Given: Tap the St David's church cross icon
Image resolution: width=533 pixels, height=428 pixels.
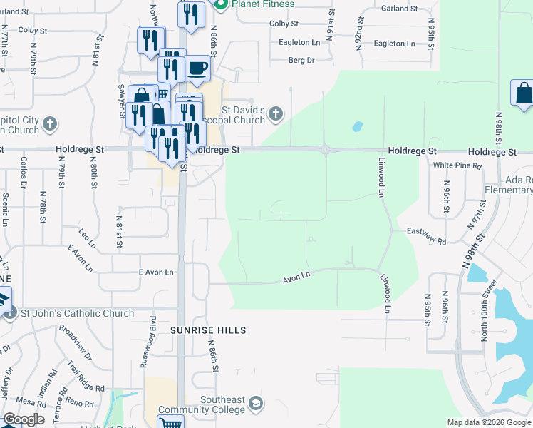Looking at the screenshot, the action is [x=276, y=113].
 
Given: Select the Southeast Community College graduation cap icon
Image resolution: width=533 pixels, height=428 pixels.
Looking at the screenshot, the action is [x=254, y=405].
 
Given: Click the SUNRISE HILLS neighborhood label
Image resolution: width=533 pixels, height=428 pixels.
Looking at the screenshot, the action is [x=207, y=330].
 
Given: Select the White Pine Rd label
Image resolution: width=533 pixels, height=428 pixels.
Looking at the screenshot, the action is [x=457, y=165].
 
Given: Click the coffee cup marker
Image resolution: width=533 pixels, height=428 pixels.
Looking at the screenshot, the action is [x=197, y=69].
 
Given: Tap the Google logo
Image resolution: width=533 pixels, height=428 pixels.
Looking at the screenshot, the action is [x=24, y=419].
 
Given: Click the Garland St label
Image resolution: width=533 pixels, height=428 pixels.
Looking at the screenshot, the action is [x=399, y=9].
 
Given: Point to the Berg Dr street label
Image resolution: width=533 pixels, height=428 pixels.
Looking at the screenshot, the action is [x=301, y=61].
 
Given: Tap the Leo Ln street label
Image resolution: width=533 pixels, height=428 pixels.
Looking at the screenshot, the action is [x=87, y=233].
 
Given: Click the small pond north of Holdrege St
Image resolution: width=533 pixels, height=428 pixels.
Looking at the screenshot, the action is [x=357, y=127].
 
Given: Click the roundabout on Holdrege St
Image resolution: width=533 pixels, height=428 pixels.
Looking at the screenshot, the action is [x=326, y=150].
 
